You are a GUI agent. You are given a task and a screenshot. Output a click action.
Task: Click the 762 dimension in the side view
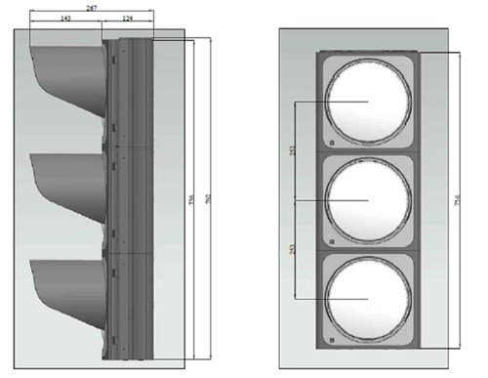[x=210, y=201]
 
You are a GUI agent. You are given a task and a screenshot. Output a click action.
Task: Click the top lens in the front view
[x=366, y=101]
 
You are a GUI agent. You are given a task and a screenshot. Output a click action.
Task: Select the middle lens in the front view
[x=366, y=199]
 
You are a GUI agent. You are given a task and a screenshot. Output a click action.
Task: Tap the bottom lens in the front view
[x=366, y=298]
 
